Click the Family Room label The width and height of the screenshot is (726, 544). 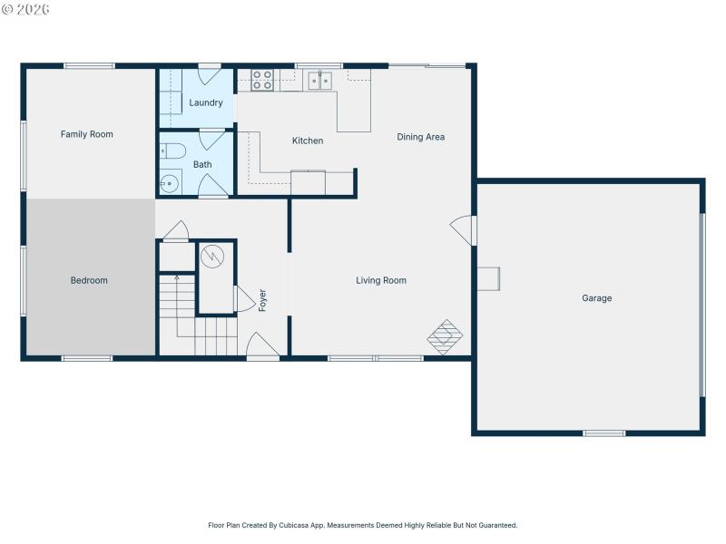87,134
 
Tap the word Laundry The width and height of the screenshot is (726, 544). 206,102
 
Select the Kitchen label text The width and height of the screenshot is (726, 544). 308,141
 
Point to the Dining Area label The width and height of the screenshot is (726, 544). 421,137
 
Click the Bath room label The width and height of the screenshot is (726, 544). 202,164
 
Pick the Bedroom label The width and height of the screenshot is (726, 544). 89,280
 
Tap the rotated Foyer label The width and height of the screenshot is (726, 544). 263,300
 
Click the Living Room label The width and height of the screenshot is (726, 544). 381,280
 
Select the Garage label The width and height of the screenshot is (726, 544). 597,298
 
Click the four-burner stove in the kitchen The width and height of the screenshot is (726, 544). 262,80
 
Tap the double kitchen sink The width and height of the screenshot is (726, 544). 319,81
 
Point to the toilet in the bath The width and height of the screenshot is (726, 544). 173,151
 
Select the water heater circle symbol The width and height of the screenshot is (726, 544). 211,257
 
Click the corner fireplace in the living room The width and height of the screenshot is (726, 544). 446,335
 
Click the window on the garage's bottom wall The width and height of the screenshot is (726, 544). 603,433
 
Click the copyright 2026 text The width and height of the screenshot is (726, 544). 25,9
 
